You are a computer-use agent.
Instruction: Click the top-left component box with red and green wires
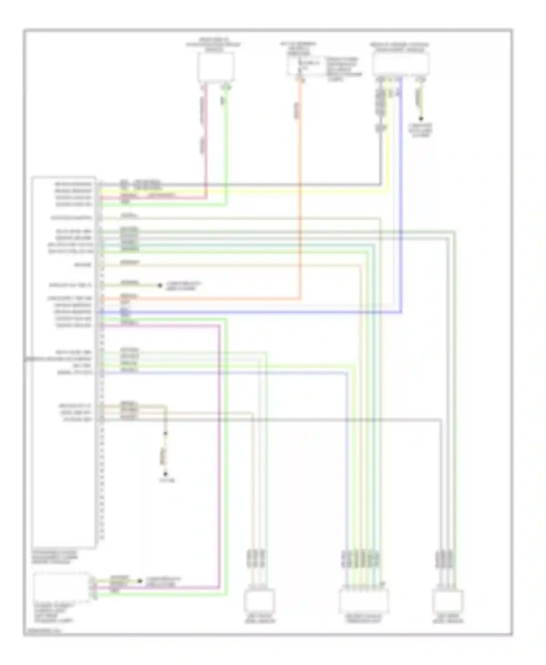pos(215,67)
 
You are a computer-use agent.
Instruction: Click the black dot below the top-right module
pos(421,119)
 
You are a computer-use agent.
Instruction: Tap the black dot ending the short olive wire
pos(159,286)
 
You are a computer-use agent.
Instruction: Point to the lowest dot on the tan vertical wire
pos(165,474)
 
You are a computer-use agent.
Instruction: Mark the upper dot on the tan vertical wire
pos(165,433)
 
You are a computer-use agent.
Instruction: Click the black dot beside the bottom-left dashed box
pos(139,581)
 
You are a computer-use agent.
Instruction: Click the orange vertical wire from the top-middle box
pos(301,182)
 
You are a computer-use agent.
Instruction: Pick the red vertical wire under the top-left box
pos(206,146)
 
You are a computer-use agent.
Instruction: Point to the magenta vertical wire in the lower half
pos(219,455)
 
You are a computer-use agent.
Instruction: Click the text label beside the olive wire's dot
pos(183,286)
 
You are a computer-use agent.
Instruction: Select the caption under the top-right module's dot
pos(421,130)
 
